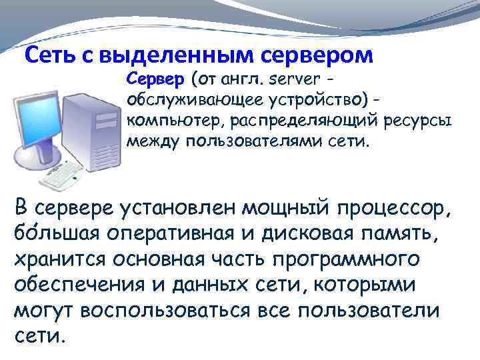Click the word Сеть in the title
point(49,55)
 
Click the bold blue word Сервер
point(155,80)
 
